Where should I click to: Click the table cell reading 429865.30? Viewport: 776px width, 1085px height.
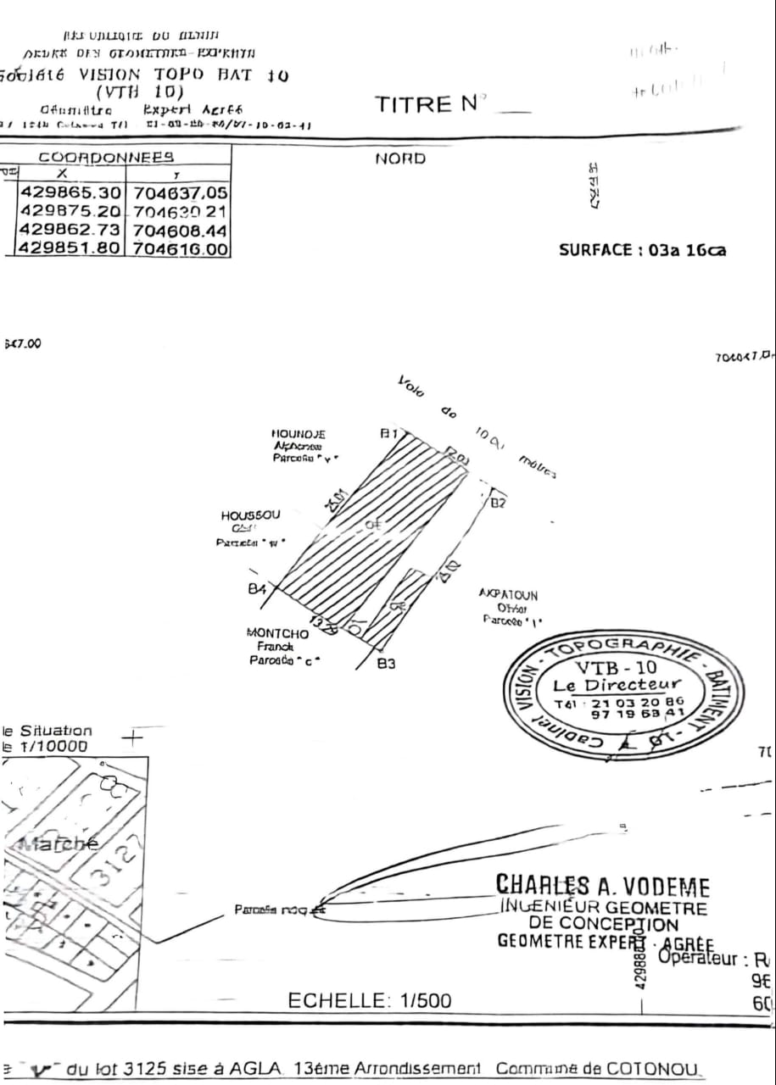71,192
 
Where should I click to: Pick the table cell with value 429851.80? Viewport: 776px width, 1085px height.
71,248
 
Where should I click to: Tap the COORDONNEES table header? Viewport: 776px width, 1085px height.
106,156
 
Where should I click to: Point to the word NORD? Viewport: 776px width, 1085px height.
400,159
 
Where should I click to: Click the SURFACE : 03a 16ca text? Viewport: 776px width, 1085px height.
642,250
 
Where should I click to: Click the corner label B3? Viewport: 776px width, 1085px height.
386,664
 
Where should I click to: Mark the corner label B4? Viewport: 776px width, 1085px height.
257,588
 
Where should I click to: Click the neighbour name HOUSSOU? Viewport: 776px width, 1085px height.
250,515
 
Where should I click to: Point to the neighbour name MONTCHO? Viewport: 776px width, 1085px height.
277,633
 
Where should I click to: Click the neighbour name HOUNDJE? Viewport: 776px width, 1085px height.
299,434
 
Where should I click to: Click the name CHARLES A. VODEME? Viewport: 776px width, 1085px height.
602,887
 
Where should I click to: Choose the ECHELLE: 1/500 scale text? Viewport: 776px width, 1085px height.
370,1000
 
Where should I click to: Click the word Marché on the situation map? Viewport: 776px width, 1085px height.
57,844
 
